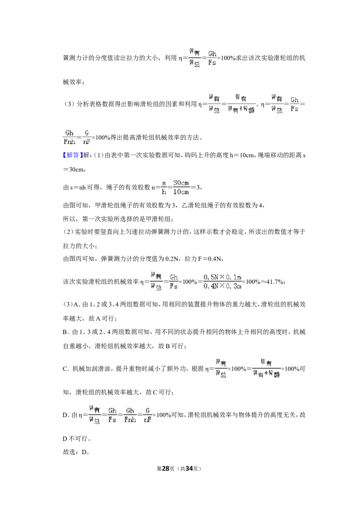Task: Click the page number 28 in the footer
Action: coord(166,469)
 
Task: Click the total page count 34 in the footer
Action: coord(189,469)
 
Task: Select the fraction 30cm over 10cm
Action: coord(181,188)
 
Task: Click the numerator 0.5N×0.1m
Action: coord(223,277)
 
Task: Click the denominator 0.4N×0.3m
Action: coord(223,286)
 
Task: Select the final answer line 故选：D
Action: coord(76,452)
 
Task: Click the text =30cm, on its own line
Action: coord(74,170)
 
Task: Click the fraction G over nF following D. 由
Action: coord(148,415)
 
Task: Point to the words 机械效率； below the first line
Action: coord(73,82)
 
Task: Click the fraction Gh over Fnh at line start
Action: coord(70,137)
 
